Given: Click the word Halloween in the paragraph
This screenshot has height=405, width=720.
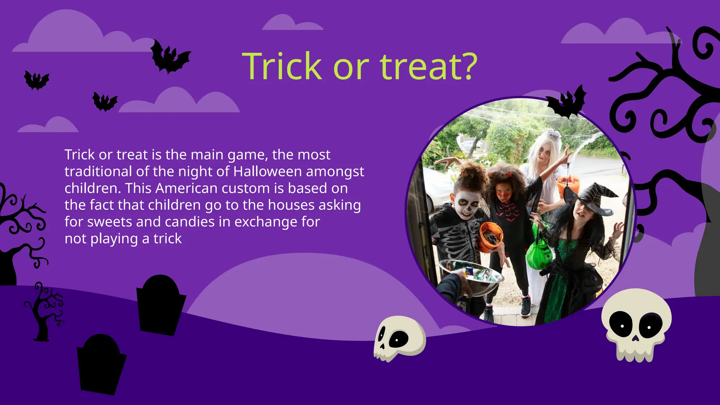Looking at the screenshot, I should click(268, 172).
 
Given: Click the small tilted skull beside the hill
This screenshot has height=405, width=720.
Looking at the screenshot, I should click(399, 338).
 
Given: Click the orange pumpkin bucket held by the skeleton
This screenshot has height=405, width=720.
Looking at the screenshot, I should click(490, 238).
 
